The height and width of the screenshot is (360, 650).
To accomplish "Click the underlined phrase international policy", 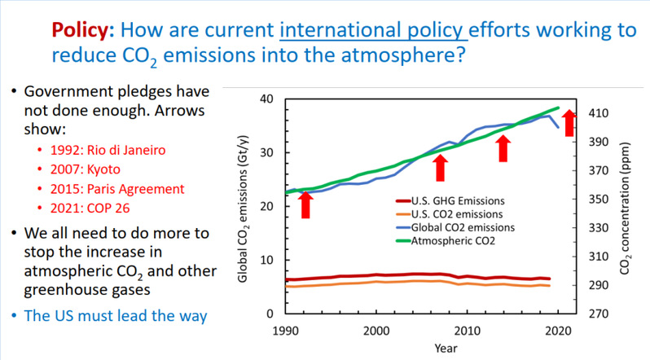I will [373, 31].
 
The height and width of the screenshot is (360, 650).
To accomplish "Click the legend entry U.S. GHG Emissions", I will [459, 200].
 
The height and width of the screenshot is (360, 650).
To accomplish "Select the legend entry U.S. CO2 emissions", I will [458, 213].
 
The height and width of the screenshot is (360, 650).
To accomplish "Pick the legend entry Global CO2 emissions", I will [462, 227].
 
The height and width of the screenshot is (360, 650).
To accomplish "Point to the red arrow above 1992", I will [305, 204].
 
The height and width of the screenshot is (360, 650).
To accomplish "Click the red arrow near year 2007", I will [441, 168].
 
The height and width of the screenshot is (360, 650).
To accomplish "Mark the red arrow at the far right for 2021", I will [569, 123].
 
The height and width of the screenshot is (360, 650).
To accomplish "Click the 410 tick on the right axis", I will [599, 113].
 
